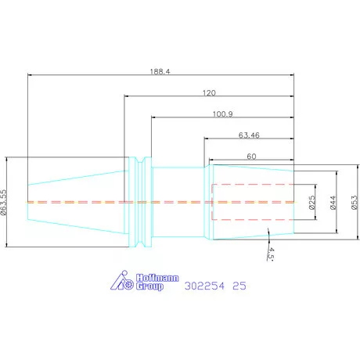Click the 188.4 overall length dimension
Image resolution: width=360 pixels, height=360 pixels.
(160, 71)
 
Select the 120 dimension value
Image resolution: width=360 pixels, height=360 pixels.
(209, 93)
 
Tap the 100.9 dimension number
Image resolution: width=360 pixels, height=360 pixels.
(223, 114)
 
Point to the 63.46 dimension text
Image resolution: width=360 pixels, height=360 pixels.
(249, 135)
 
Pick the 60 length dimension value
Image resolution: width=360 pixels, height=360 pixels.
(251, 157)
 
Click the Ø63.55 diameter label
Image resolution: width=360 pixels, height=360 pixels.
(3, 202)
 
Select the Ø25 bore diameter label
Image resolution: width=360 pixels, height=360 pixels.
(312, 203)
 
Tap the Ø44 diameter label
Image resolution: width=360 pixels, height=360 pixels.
(333, 203)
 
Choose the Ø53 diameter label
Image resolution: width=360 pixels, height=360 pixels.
(355, 203)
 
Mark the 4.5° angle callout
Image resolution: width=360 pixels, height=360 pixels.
(271, 254)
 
